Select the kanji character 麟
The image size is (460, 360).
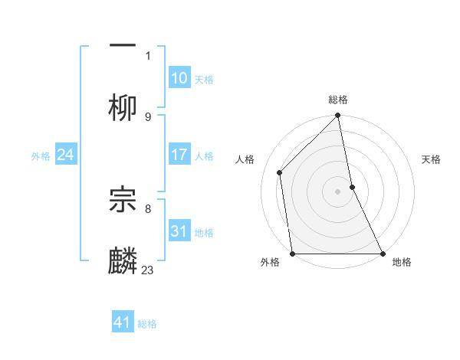[123, 260]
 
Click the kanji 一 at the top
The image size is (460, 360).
[123, 44]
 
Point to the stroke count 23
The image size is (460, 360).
[148, 270]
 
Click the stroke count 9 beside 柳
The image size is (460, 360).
[148, 116]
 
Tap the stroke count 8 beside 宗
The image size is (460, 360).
[148, 208]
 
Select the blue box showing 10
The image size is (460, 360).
[179, 79]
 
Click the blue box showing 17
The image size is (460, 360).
[179, 155]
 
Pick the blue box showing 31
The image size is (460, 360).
[179, 231]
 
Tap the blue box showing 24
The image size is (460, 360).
[66, 155]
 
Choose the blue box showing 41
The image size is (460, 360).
[123, 322]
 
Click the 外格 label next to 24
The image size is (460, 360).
[41, 156]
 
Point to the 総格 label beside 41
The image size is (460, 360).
[147, 323]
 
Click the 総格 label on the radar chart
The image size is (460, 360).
[338, 100]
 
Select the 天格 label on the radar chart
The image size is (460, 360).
[432, 159]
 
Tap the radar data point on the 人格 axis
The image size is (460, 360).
[280, 172]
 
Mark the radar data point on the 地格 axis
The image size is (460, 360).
[383, 254]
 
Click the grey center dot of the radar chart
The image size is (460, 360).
[338, 191]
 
